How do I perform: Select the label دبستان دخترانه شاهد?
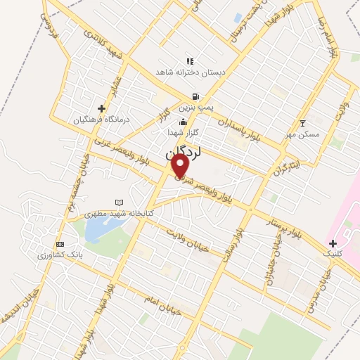[x=189, y=72]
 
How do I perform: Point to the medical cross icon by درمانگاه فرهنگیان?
[x=102, y=108]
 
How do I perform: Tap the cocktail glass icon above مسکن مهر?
[x=302, y=123]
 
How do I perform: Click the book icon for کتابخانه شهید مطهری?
[x=119, y=202]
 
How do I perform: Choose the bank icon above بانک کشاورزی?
[x=60, y=243]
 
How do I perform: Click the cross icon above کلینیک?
[x=333, y=243]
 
